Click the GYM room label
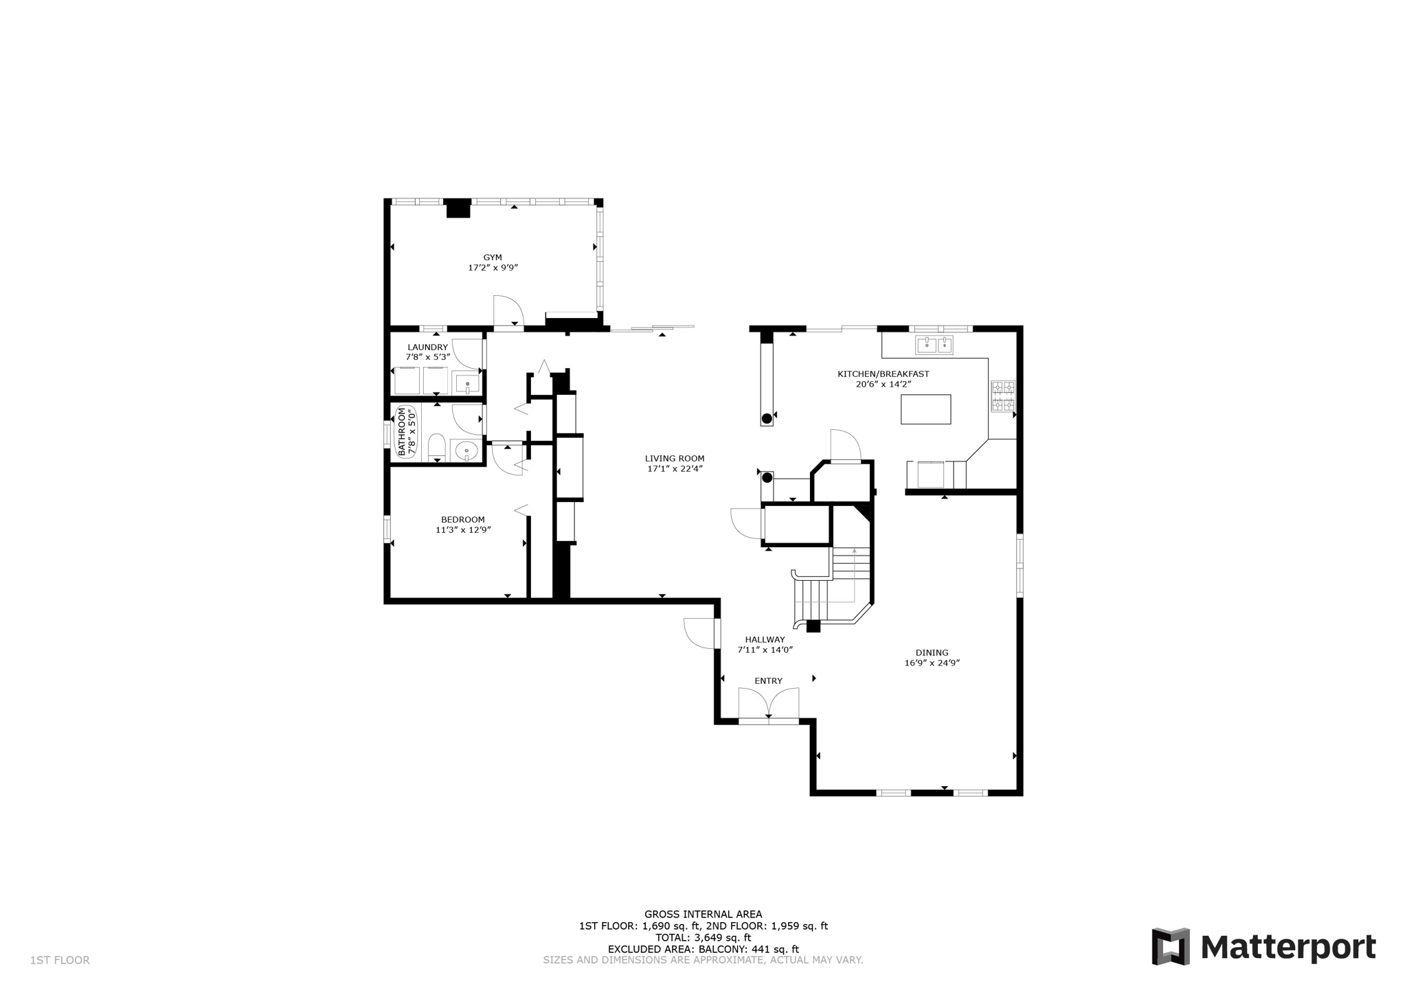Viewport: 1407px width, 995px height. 493,258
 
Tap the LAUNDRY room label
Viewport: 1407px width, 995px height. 427,347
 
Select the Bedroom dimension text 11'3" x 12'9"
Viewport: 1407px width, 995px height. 463,530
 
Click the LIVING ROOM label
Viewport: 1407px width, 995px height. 675,459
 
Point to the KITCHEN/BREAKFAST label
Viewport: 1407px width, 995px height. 883,374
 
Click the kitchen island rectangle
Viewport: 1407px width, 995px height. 925,409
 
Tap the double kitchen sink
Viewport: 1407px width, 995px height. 934,344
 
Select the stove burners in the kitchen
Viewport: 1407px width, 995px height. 1002,397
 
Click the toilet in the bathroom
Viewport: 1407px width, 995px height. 436,447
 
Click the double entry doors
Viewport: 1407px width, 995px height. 768,705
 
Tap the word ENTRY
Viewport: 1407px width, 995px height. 768,681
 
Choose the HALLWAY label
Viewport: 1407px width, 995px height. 765,639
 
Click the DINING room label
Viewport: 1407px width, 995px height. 932,653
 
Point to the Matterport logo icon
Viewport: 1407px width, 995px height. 1170,947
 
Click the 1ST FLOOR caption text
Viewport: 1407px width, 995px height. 60,961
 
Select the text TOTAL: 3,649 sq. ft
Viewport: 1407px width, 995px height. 703,937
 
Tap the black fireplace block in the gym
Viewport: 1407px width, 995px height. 458,209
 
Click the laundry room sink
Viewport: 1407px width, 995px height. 467,384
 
